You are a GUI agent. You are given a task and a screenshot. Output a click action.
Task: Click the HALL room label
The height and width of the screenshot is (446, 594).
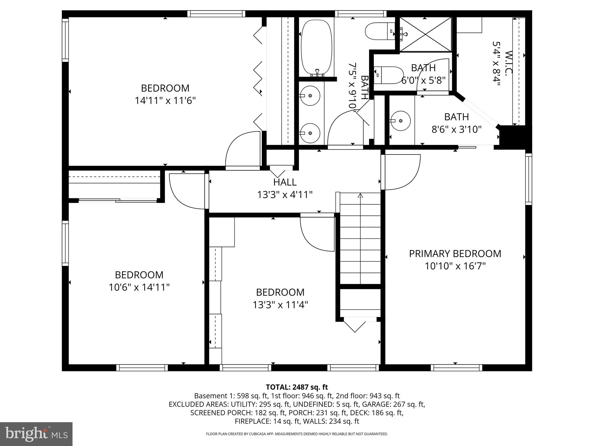point(285,182)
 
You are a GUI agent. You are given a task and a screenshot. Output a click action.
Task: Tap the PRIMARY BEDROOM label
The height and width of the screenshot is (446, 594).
point(455,253)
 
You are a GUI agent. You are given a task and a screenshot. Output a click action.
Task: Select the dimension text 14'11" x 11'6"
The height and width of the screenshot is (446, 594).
point(165,101)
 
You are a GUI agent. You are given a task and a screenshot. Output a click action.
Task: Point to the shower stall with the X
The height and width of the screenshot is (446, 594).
point(425,34)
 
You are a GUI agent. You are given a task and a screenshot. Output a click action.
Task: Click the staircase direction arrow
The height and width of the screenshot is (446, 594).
point(360,196)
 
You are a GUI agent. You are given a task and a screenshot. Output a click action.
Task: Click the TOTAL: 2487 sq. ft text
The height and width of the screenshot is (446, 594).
point(296,387)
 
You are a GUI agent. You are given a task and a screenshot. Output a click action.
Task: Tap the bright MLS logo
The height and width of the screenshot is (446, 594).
point(36,434)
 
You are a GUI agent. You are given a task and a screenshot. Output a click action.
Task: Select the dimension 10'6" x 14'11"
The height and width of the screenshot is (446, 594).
point(139,287)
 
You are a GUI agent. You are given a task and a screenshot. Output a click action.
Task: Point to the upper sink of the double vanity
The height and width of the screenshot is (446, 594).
point(310,96)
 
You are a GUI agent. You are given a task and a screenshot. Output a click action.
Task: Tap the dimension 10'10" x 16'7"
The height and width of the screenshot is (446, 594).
point(455,266)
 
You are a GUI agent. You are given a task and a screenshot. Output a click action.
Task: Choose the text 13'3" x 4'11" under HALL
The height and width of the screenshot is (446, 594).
point(285,195)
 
